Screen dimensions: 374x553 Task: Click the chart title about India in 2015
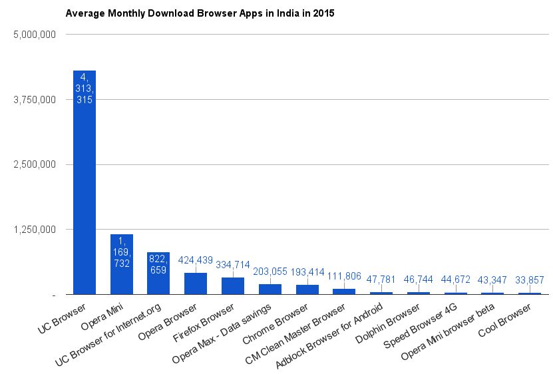[x=199, y=13]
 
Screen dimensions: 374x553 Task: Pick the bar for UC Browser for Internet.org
[x=158, y=273]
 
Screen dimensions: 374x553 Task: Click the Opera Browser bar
[x=196, y=283]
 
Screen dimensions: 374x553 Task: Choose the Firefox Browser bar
[x=233, y=285]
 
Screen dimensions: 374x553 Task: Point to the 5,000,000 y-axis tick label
[x=33, y=34]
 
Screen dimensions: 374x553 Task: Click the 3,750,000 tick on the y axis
[x=33, y=99]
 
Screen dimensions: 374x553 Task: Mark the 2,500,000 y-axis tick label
[x=33, y=164]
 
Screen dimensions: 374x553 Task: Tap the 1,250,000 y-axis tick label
[x=33, y=230]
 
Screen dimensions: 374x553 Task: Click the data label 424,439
[x=196, y=260]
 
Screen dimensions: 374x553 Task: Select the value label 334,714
[x=233, y=265]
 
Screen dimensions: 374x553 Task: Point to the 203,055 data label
[x=270, y=272]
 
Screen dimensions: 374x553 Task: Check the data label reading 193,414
[x=307, y=272]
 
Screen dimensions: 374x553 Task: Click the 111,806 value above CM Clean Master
[x=344, y=276]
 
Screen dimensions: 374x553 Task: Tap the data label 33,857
[x=530, y=280]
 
